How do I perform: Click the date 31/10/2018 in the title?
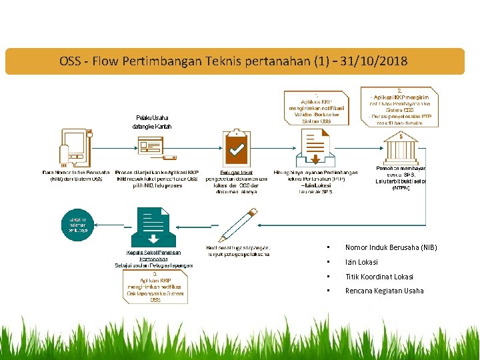[x=373, y=62]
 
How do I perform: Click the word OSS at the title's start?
[x=70, y=62]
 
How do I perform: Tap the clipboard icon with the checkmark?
[x=236, y=147]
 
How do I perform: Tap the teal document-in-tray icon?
[x=153, y=227]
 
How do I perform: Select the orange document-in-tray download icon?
[x=317, y=147]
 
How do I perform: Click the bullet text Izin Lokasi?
[x=361, y=262]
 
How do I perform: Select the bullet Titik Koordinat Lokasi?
[x=379, y=277]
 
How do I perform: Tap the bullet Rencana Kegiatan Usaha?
[x=384, y=291]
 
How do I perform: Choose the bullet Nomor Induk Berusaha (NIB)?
[x=391, y=248]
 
